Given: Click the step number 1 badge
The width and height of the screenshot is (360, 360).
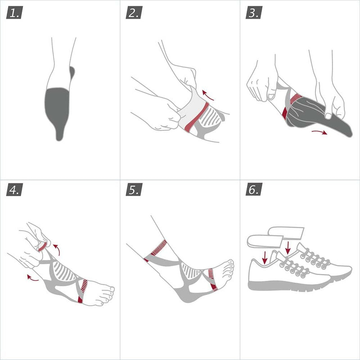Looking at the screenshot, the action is point(14,13).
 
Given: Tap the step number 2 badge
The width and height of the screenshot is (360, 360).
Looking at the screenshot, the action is point(134,13).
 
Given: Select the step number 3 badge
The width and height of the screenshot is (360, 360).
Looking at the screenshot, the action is point(254,13).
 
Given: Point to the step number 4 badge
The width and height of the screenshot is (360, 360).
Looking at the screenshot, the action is point(14,189).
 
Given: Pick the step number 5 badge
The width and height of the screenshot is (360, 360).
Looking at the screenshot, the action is point(134,189).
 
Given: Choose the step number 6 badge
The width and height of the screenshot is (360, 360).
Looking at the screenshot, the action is point(254,189).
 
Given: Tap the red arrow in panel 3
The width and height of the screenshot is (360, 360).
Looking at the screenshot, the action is point(319,132).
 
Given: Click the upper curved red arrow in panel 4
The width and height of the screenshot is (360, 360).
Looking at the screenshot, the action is point(57,249).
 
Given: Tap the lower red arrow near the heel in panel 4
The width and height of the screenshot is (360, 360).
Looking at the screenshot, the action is point(33,278).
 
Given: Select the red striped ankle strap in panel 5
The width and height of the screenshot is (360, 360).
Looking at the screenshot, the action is point(157,250).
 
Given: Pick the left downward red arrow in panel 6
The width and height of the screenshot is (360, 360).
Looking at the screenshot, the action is point(265,257).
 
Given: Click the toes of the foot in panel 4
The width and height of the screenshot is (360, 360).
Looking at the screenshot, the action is point(108,295).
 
